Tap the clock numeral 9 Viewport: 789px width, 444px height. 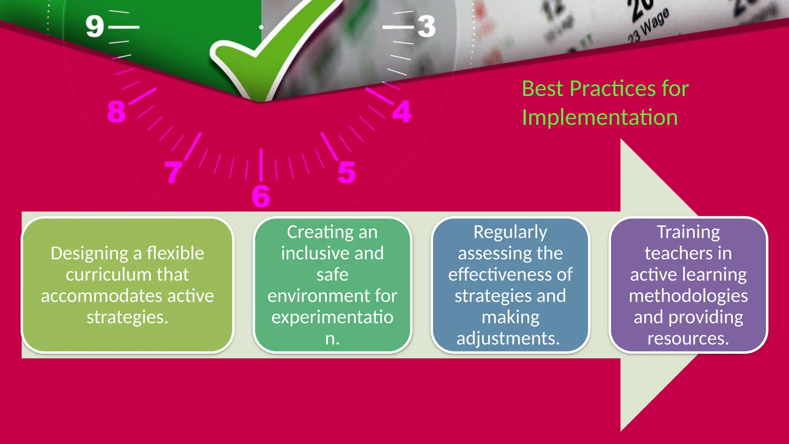(x=95, y=27)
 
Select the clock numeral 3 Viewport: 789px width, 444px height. (x=426, y=27)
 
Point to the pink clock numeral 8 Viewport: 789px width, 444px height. (x=116, y=112)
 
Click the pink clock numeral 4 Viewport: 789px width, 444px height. (x=402, y=112)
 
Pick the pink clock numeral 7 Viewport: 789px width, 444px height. (x=173, y=172)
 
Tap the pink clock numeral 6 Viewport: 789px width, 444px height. (x=261, y=196)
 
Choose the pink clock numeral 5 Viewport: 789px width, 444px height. (x=346, y=172)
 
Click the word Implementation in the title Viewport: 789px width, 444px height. (x=599, y=118)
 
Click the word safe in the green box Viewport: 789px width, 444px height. (x=332, y=275)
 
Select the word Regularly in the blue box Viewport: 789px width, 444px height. (x=510, y=232)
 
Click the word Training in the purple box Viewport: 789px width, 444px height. (x=688, y=232)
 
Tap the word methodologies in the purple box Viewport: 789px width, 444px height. (x=688, y=296)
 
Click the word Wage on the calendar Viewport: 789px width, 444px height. (x=655, y=21)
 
